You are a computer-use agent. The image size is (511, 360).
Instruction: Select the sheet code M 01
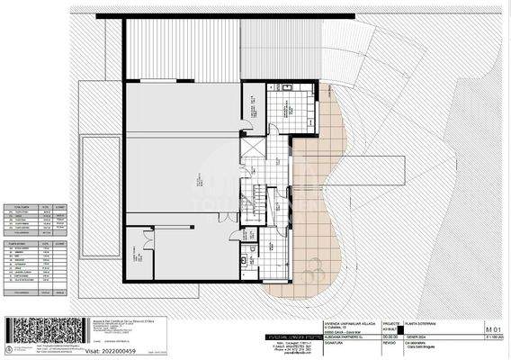point(493,330)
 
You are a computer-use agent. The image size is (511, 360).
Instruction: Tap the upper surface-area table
point(36,219)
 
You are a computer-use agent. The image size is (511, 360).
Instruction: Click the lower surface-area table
point(36,266)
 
